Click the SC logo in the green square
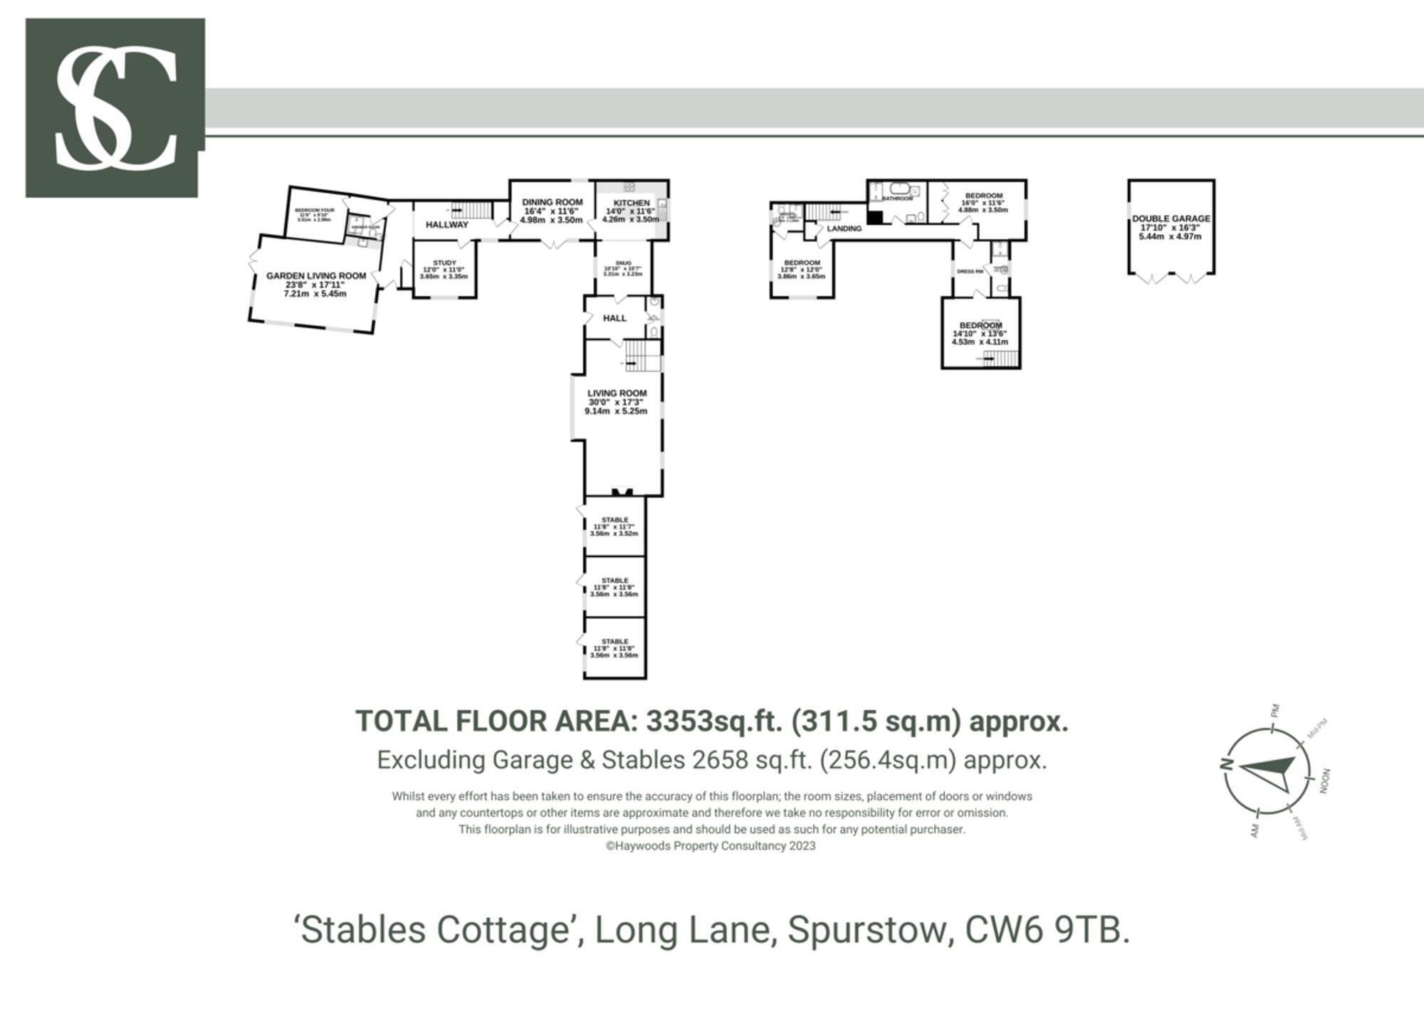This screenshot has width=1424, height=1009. (115, 107)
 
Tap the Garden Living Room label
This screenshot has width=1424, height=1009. (315, 276)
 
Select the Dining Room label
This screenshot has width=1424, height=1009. (552, 203)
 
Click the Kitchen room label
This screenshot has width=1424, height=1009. (632, 204)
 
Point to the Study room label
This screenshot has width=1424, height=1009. (444, 263)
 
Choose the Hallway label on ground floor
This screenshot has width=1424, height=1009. (446, 225)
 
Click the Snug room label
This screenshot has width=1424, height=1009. (623, 263)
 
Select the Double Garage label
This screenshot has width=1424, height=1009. (1171, 219)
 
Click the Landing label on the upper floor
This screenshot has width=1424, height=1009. (844, 229)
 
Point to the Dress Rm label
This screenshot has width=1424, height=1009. (969, 272)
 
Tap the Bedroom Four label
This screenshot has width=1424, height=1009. (314, 211)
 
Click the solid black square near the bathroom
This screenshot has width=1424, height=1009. (875, 218)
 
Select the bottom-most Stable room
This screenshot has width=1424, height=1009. (615, 648)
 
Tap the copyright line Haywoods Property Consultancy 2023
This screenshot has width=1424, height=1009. (711, 846)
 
